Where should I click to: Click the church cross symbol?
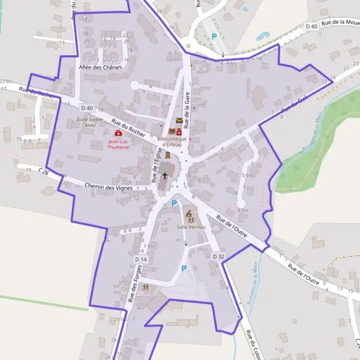tap(166, 177)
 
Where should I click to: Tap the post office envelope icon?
tap(179, 121)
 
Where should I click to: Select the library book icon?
tap(172, 131)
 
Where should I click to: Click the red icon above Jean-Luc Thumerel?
tap(118, 133)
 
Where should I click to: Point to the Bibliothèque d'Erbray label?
tap(172, 142)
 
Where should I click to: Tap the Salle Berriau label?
tap(190, 227)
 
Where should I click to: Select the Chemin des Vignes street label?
tap(108, 187)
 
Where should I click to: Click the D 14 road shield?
tap(141, 259)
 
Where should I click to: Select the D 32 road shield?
tap(218, 256)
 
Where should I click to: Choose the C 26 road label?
tap(43, 172)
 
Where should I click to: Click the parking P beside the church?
tap(174, 203)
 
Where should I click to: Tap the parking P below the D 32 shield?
tap(184, 269)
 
